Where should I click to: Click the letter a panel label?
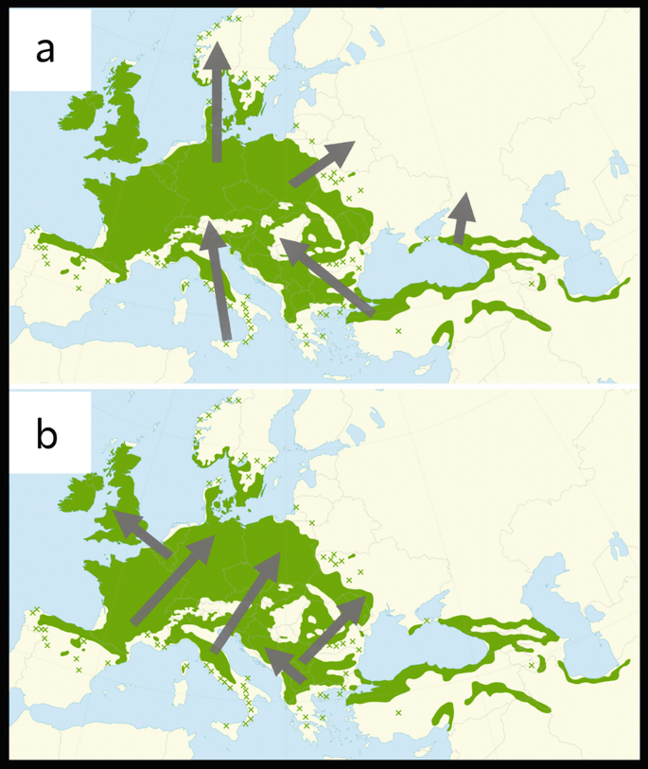pos(44,50)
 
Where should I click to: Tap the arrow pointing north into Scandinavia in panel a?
pos(218,104)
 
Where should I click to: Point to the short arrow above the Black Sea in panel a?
pos(461,219)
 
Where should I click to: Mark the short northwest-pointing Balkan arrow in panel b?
pos(285,665)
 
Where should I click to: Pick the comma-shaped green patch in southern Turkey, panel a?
pos(441,331)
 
